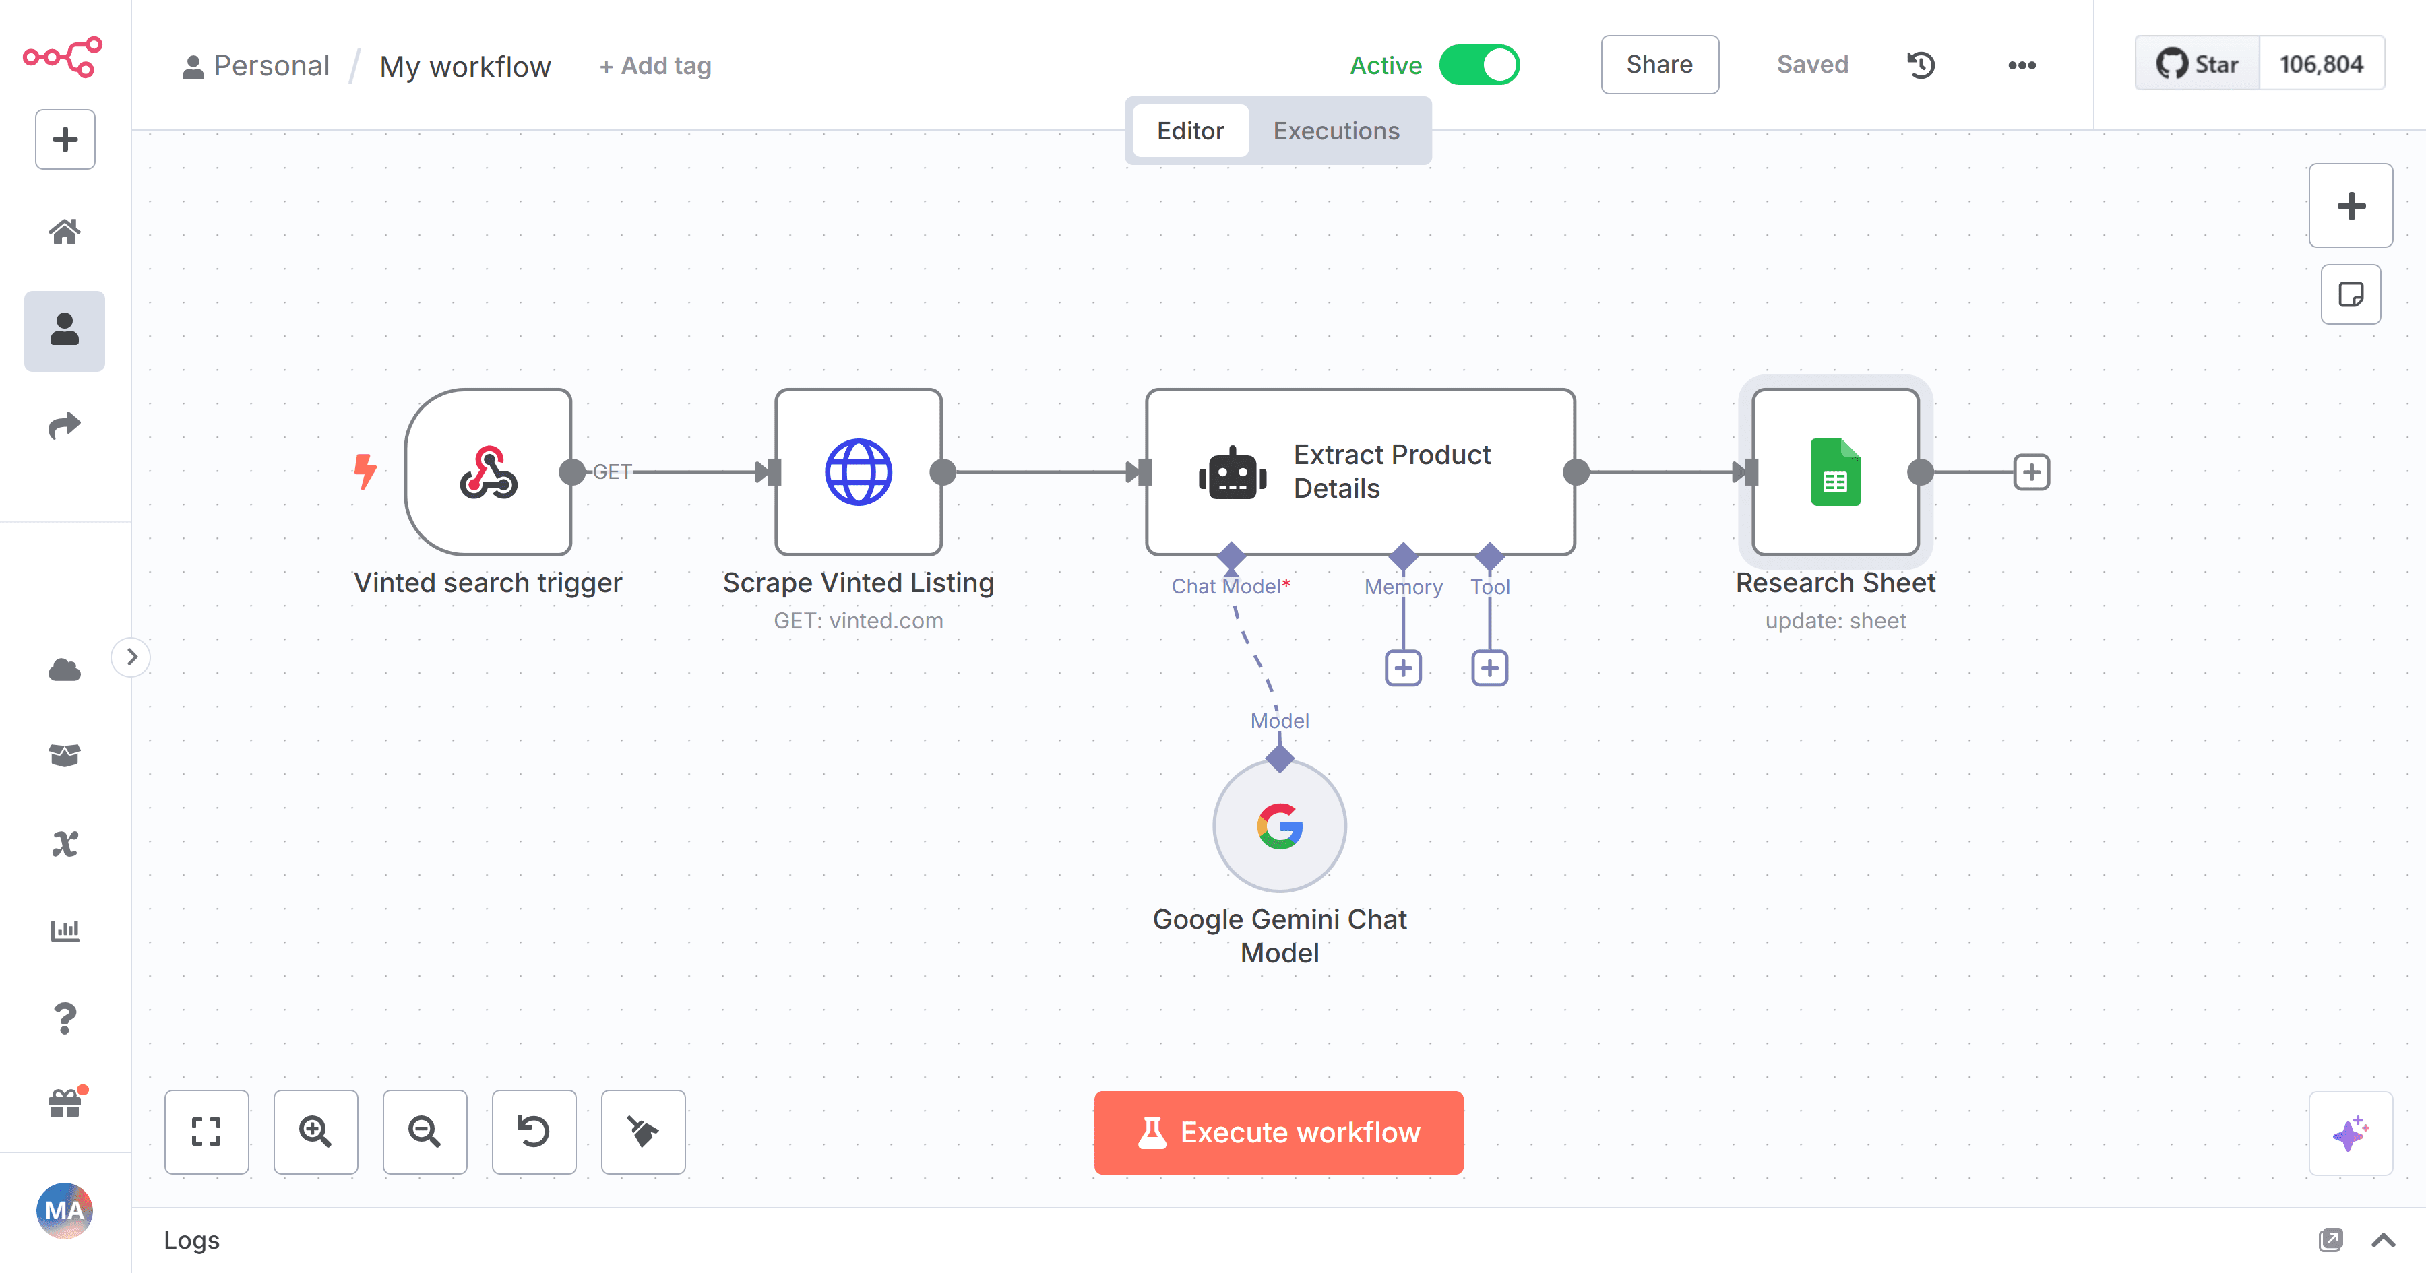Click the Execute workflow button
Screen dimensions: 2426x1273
coord(1278,1132)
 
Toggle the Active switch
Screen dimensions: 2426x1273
coord(1479,65)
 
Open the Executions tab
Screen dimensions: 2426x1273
coord(1336,131)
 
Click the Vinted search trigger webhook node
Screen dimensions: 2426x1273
coord(488,471)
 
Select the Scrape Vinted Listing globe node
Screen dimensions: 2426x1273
coord(858,471)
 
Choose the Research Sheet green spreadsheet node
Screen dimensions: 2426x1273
coord(1836,471)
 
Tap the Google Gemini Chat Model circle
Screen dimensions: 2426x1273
coord(1279,826)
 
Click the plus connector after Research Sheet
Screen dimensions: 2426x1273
coord(2031,471)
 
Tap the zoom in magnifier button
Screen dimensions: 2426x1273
coord(315,1132)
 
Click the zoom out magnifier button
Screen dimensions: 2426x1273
coord(425,1132)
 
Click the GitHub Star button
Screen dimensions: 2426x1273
coord(2197,64)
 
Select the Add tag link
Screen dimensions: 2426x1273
coord(656,66)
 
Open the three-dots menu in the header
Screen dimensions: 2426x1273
coord(2021,65)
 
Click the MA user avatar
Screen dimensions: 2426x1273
coord(64,1210)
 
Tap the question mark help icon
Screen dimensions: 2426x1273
coord(64,1018)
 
